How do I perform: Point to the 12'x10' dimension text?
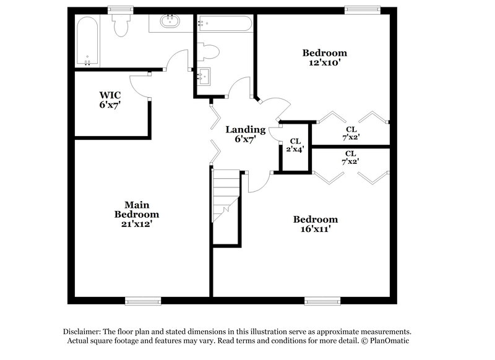[324, 62]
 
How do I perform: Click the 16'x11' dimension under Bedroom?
[316, 229]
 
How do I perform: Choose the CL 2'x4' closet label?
[295, 145]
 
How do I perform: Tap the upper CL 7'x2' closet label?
[350, 134]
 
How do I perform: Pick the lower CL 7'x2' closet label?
[350, 157]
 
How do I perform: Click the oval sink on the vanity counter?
[168, 23]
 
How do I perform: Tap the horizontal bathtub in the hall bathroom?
[224, 24]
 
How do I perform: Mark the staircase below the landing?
[226, 195]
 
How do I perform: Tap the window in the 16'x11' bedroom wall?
[322, 301]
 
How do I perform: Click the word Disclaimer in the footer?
[83, 332]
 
